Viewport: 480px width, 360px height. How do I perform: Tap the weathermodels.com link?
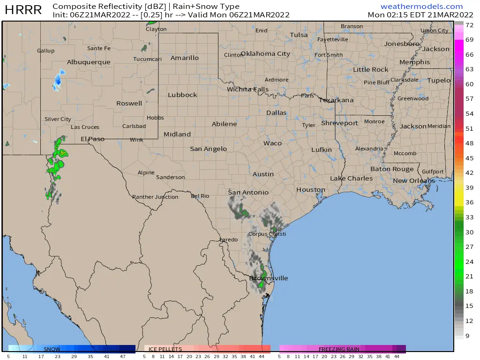421,7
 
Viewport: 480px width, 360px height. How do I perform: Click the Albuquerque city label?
89,62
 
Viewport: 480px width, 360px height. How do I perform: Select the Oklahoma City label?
265,53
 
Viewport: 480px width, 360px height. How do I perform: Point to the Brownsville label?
269,278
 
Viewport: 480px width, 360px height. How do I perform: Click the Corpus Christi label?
267,234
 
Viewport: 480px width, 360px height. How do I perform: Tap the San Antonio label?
248,193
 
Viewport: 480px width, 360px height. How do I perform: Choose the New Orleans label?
414,181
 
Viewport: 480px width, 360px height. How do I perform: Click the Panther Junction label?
155,197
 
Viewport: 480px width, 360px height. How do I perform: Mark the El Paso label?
92,139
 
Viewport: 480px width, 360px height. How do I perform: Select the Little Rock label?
370,70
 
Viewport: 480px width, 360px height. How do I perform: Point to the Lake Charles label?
351,179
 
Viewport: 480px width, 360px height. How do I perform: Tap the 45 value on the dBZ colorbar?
469,158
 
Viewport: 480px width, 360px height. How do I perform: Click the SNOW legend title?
52,349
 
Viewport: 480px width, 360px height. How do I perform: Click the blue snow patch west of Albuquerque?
58,80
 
